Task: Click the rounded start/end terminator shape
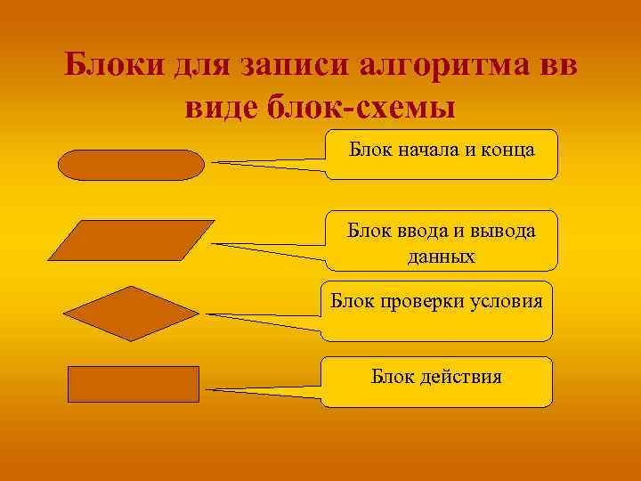131,165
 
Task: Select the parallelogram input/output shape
131,240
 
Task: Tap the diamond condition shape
131,314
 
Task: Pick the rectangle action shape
134,384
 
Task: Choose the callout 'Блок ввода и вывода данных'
442,240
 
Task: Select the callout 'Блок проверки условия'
436,311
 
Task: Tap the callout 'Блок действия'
436,381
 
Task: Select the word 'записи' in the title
295,66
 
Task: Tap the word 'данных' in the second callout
441,257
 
